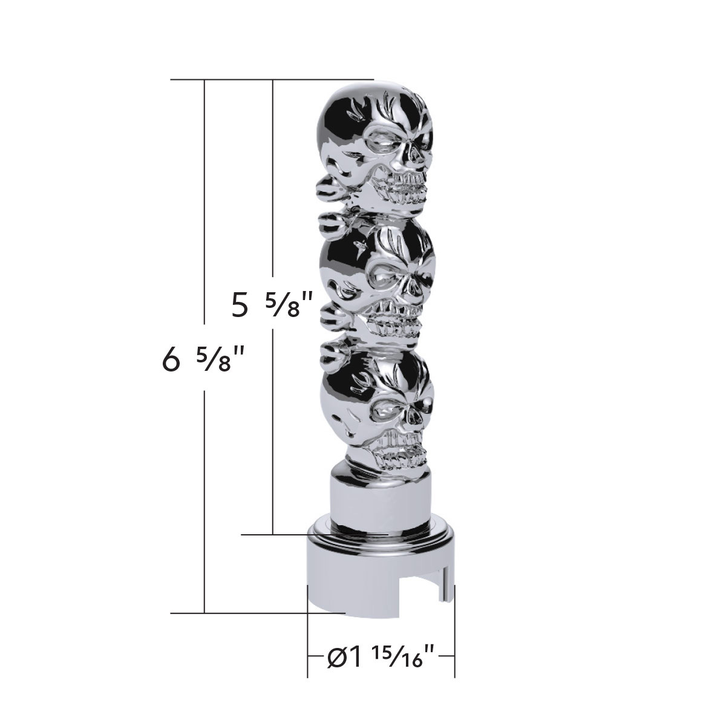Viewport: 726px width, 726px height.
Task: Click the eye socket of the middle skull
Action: (x=387, y=278)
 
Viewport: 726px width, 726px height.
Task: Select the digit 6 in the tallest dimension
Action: (x=171, y=361)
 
